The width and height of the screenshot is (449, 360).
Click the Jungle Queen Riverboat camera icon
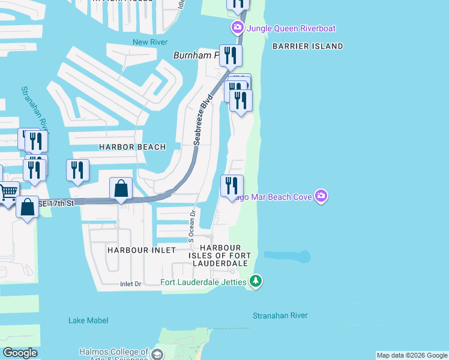tap(238, 28)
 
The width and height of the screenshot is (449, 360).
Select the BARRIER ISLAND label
tap(307, 46)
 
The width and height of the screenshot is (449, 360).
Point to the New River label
tap(148, 42)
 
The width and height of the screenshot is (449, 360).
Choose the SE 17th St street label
tap(56, 204)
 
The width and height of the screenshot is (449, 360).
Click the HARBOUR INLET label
tap(142, 250)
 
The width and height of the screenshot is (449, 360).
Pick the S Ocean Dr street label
tap(192, 226)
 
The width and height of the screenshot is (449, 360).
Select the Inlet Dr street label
tap(130, 284)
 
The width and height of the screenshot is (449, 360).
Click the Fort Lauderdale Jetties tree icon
tap(256, 281)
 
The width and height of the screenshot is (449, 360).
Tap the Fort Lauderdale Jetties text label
tap(203, 282)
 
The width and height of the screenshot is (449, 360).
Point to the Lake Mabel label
tap(88, 320)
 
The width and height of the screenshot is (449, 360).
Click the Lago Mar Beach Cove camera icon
tap(322, 196)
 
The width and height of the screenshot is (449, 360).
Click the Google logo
tap(20, 353)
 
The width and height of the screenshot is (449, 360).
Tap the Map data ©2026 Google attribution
tap(412, 355)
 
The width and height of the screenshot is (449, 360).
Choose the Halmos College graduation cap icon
tap(157, 354)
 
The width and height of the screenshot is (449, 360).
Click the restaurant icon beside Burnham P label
tap(231, 56)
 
